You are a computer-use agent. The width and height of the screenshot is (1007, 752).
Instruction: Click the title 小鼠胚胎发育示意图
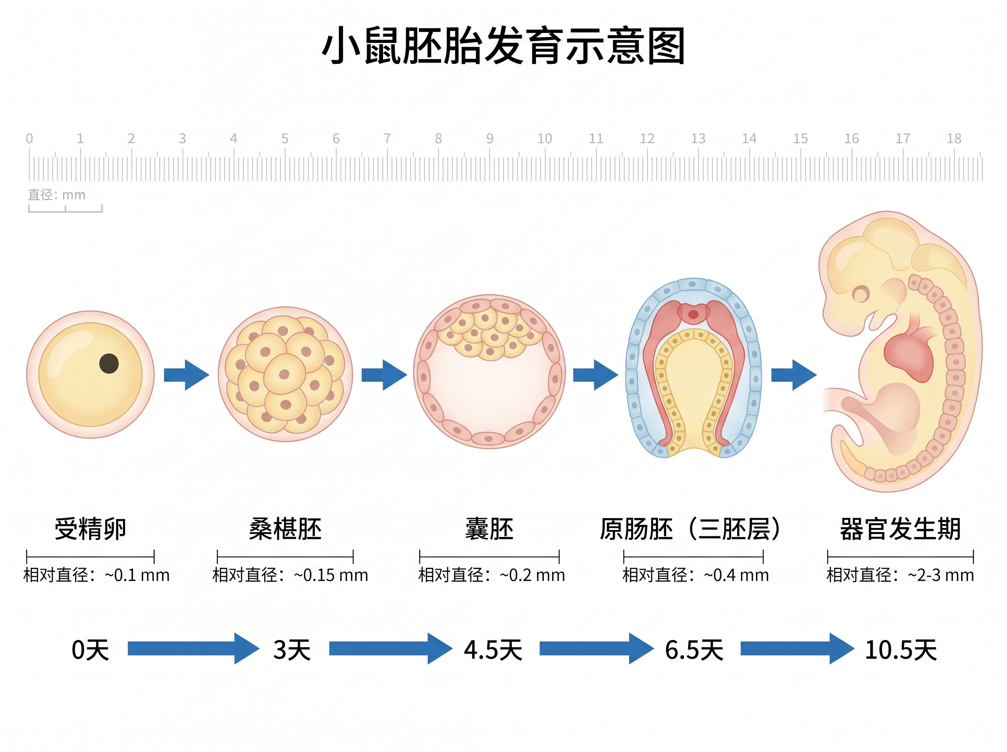(503, 45)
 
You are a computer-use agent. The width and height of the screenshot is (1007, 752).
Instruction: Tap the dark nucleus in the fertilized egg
(109, 363)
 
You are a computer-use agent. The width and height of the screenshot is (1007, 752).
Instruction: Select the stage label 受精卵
(90, 528)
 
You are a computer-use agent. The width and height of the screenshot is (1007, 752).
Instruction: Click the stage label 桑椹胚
(285, 528)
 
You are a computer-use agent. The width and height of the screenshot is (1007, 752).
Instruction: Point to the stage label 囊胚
(489, 528)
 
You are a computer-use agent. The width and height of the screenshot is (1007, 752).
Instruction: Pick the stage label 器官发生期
(900, 528)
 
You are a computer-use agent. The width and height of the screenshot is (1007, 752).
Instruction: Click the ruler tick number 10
(544, 138)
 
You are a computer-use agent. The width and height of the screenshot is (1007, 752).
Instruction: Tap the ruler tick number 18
(954, 138)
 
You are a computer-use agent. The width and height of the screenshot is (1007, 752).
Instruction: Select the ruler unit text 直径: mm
(56, 195)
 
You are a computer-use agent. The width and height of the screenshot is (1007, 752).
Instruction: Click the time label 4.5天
(493, 650)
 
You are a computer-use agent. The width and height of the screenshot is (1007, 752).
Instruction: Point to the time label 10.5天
(900, 650)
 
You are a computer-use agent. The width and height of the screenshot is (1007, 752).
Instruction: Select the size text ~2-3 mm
(941, 575)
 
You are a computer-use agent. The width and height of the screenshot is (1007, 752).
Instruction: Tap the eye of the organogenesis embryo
(860, 294)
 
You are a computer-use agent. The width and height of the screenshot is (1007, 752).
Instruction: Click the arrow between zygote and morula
(186, 375)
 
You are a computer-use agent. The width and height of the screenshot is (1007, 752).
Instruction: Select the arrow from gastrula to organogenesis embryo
(793, 375)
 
